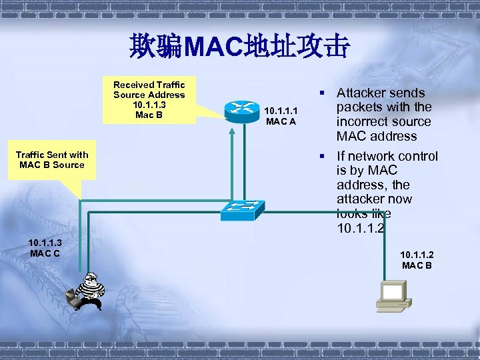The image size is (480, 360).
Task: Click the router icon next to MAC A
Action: tap(241, 111)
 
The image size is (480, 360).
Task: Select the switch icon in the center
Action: tap(241, 210)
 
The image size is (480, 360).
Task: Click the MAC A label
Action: tap(281, 121)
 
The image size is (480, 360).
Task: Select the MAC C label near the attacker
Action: tap(45, 253)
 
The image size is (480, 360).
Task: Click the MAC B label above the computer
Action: tap(417, 265)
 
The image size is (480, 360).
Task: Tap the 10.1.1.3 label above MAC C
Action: tap(45, 242)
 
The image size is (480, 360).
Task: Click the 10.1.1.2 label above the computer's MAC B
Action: tap(417, 255)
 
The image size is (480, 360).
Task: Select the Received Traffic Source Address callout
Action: tap(149, 100)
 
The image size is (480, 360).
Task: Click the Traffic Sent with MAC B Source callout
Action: tap(52, 160)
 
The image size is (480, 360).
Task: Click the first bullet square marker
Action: tap(322, 93)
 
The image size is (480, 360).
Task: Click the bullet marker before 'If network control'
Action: tap(322, 156)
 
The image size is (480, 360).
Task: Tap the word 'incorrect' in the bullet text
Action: tap(364, 122)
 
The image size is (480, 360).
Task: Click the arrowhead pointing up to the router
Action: tap(232, 132)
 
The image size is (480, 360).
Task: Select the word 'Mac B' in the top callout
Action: tap(149, 115)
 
